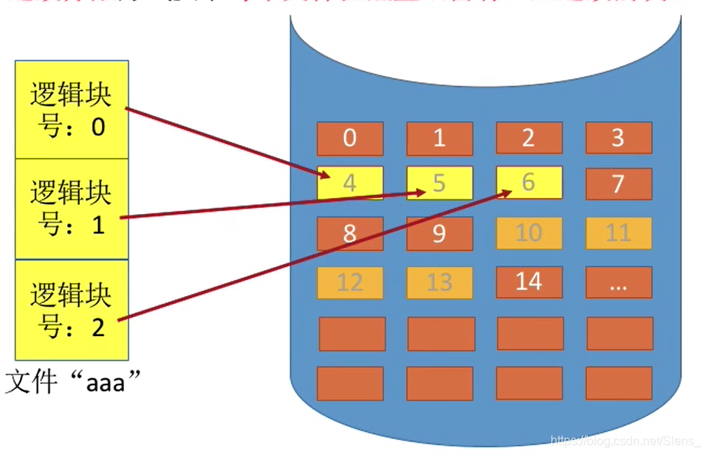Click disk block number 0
350,138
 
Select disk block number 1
439,138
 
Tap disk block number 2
529,138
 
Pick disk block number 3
618,138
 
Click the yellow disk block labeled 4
350,184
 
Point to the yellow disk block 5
439,183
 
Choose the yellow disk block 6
529,183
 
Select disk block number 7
618,184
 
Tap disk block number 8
350,233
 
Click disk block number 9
439,233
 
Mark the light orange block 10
529,233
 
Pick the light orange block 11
618,233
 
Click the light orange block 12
350,282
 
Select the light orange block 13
439,282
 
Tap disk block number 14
529,282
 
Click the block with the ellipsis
618,282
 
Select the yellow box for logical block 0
71,110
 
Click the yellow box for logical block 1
71,209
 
